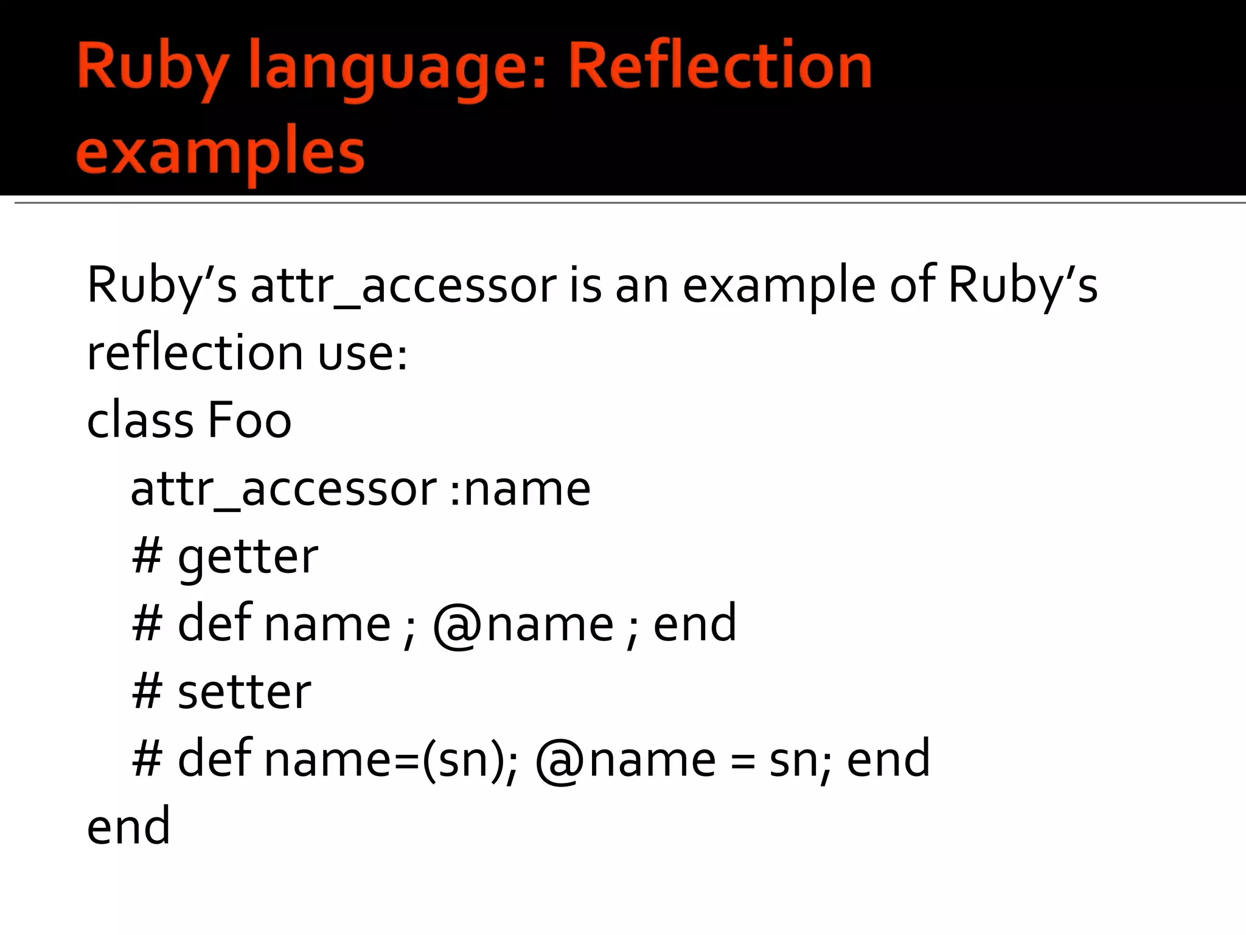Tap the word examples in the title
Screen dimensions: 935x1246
point(220,152)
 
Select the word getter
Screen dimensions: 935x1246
point(248,557)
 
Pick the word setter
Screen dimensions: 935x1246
point(244,692)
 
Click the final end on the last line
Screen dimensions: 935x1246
point(128,827)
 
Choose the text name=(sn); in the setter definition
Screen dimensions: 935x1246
point(391,760)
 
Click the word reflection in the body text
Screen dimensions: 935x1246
point(195,353)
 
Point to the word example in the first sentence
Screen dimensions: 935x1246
point(779,286)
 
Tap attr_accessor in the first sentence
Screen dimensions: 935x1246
point(403,286)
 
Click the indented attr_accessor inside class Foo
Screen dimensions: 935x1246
point(284,489)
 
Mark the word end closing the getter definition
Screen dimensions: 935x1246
point(695,624)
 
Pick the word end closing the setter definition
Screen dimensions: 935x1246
point(888,760)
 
